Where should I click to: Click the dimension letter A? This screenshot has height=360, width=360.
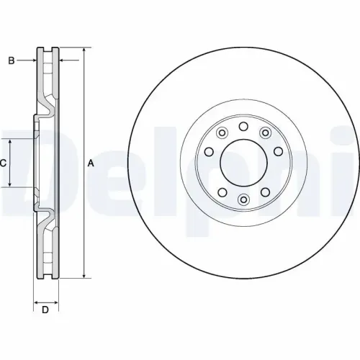click(91, 163)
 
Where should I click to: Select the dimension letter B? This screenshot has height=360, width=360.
click(12, 60)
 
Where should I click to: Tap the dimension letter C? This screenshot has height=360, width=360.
click(4, 163)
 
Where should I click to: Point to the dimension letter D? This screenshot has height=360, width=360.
click(45, 310)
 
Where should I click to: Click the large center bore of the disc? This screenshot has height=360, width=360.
click(243, 163)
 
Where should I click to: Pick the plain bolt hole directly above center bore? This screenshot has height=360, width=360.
click(243, 127)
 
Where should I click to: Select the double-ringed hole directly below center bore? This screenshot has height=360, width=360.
click(243, 199)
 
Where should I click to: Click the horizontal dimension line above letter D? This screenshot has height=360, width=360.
click(46, 300)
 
